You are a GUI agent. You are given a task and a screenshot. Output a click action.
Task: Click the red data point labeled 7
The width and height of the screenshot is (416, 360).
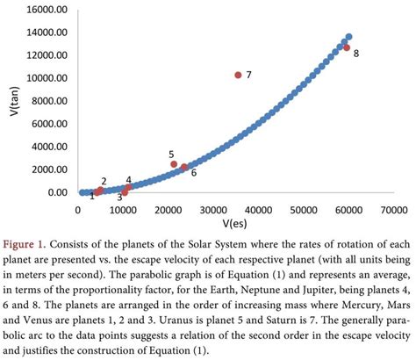pos(237,76)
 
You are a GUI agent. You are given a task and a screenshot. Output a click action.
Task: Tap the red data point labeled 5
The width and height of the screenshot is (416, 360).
pos(174,164)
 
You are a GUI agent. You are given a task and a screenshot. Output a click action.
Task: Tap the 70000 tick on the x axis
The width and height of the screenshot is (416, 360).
pos(393,209)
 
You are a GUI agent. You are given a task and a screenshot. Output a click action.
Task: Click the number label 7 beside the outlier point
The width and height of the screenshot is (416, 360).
pos(249,76)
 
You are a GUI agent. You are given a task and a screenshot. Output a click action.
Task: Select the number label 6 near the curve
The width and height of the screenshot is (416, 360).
pos(193,173)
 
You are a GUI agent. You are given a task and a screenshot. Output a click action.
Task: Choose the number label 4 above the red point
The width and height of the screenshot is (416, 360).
pos(128,179)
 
